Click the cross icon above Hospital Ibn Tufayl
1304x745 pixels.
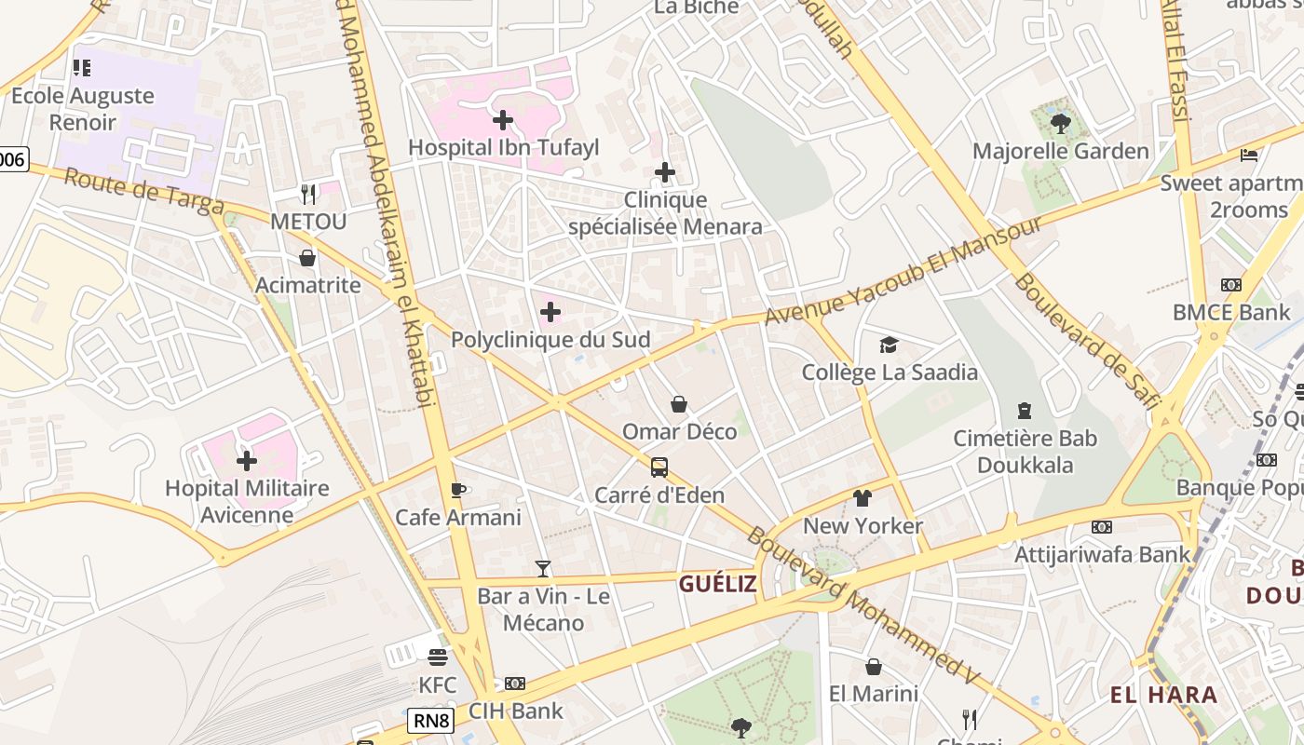pos(503,120)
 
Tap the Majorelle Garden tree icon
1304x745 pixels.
pos(1060,123)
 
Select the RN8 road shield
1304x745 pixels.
pos(432,720)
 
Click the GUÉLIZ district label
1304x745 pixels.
pos(718,584)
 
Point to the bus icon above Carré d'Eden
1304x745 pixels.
pos(659,467)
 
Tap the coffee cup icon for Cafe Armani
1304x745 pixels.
pos(457,490)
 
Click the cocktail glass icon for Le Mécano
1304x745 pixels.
pos(543,568)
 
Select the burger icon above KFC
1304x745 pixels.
pos(437,657)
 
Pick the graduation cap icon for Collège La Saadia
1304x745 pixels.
pos(889,345)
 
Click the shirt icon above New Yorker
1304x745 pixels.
pos(863,498)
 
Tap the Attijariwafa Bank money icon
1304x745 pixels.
pos(1102,527)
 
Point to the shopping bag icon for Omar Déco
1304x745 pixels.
pos(679,404)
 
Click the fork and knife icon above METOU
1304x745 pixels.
pos(308,194)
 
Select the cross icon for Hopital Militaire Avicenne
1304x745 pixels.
pos(247,461)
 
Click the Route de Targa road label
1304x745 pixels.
pos(143,190)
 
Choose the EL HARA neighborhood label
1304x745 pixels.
pos(1163,695)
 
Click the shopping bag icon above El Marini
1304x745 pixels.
pos(874,667)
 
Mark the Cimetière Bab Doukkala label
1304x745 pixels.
pos(1025,452)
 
